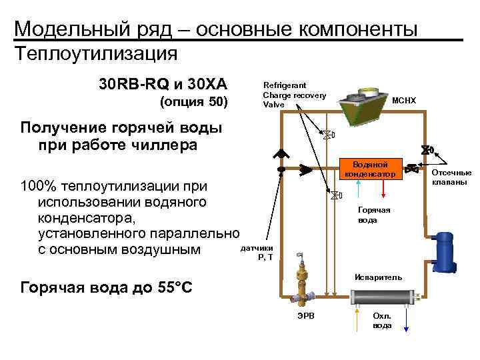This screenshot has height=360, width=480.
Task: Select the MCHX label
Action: click(403, 101)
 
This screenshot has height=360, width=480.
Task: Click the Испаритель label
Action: click(378, 277)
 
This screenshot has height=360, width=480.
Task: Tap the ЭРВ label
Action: click(303, 314)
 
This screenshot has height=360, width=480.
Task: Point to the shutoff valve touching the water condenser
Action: click(411, 168)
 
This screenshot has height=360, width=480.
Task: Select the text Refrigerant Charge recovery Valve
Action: click(294, 95)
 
